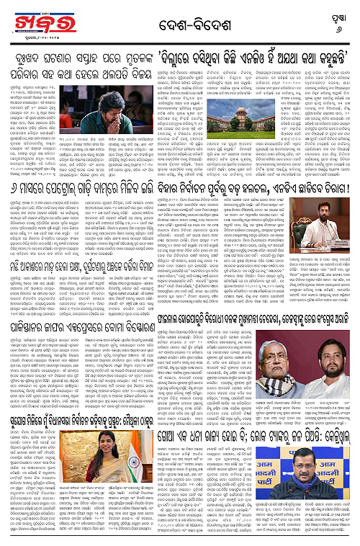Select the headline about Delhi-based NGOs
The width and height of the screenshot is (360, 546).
248,56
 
